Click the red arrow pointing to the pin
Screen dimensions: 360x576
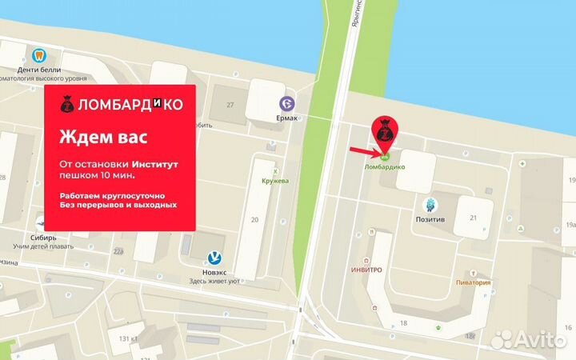click(364, 150)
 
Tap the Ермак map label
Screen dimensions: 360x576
click(287, 119)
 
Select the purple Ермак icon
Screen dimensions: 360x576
click(287, 103)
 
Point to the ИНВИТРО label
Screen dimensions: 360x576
click(366, 270)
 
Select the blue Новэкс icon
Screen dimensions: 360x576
click(215, 258)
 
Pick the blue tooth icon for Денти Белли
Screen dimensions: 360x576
click(38, 55)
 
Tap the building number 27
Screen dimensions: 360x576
click(230, 105)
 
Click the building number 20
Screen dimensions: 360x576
click(255, 218)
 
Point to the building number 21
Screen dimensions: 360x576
click(474, 218)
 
